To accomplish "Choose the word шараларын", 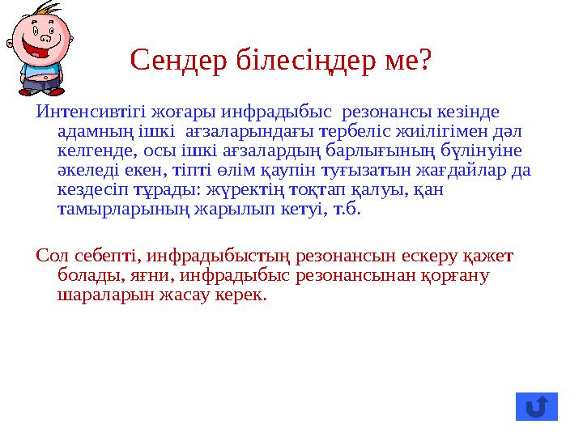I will [97, 295].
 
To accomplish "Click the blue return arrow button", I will [536, 405].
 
